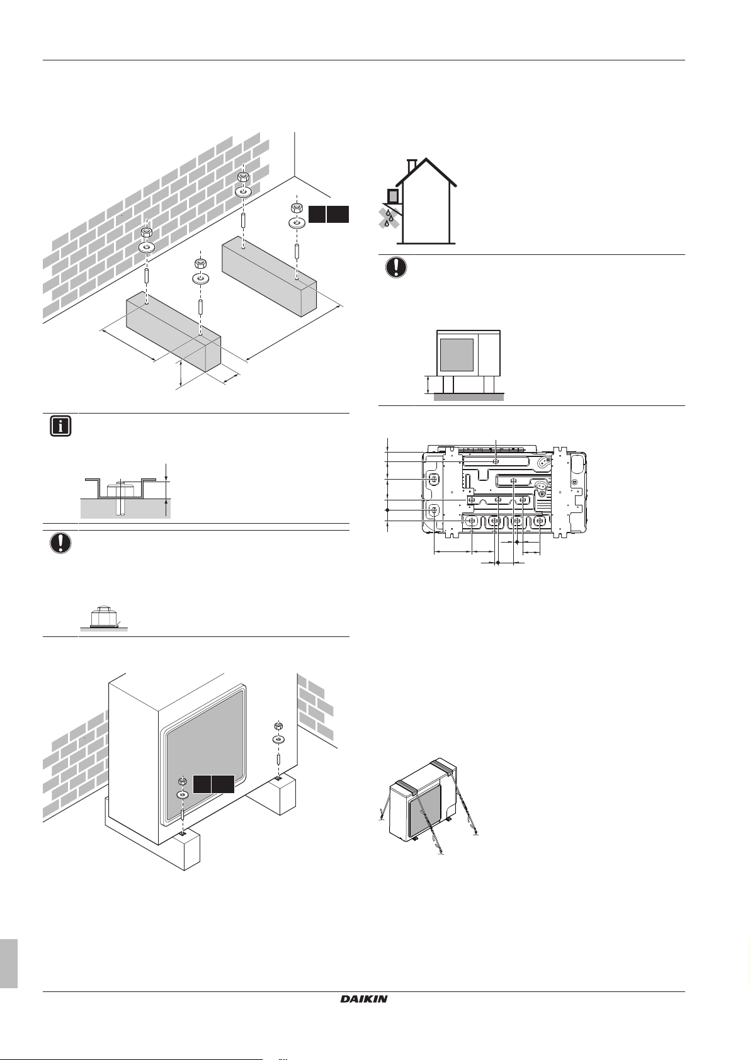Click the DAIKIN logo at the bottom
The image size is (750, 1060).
pos(364,998)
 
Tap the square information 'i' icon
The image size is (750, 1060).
pos(60,426)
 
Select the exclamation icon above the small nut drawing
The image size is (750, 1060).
pos(60,543)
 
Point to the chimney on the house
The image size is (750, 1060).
pos(412,166)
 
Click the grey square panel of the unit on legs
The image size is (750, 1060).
pos(456,354)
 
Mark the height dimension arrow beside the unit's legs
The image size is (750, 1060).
pos(429,385)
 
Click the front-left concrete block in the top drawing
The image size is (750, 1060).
pos(173,333)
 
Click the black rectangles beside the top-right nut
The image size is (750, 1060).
pos(328,214)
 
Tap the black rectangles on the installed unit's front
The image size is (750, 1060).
pos(213,784)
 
